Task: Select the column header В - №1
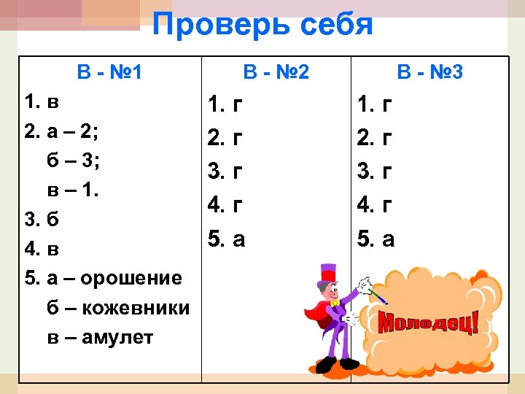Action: (x=109, y=72)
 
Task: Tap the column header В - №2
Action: (x=276, y=72)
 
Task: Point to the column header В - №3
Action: (x=429, y=72)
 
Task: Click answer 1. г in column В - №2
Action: (x=225, y=106)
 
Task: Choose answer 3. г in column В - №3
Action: (x=375, y=173)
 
